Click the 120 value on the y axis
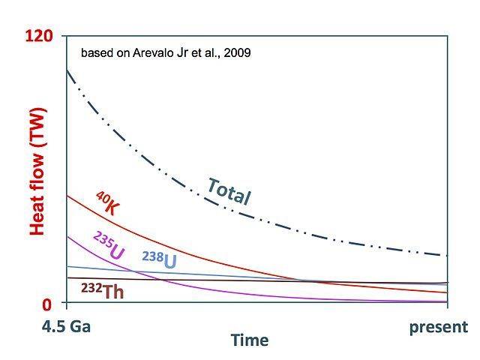39,36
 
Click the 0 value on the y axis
46,304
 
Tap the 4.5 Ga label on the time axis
66,327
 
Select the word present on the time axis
439,327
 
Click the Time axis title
250,340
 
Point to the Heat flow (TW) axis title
37,172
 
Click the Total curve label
229,192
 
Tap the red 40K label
107,203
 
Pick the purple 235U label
109,245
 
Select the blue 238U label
160,259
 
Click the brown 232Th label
103,291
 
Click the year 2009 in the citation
237,53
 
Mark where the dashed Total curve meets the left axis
67,70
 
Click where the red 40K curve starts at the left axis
67,196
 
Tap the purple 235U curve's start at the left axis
67,237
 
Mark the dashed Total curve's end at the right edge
448,255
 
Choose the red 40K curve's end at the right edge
448,292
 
